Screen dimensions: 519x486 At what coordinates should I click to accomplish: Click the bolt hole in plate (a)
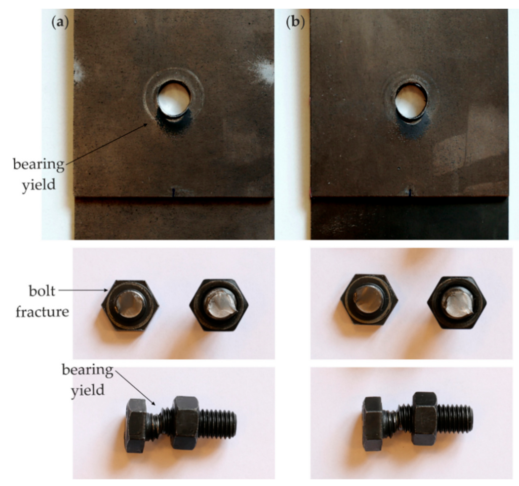[x=174, y=99]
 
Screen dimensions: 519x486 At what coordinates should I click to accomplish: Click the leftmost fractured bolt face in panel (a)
[x=130, y=304]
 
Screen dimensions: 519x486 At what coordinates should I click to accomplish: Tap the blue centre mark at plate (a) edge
[x=173, y=192]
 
